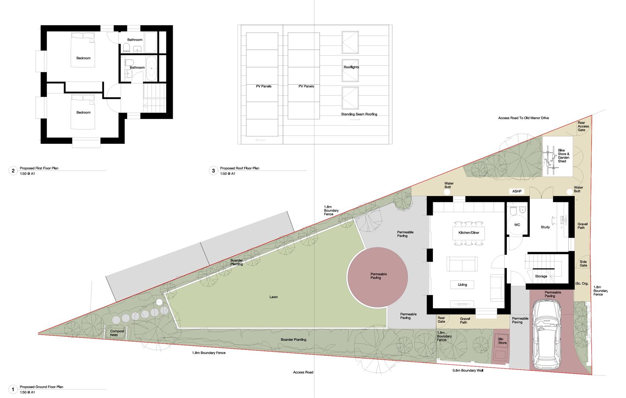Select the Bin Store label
[502, 341]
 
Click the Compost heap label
[117, 333]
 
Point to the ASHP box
[517, 191]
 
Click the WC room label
[517, 225]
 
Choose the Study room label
[545, 227]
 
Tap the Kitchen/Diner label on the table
[469, 233]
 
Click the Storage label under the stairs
[541, 276]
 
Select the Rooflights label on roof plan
[351, 67]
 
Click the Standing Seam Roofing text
[359, 114]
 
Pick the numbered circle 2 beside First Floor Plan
[13, 171]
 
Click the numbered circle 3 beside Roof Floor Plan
[213, 171]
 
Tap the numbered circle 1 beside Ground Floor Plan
[13, 389]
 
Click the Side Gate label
[583, 263]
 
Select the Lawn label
[274, 297]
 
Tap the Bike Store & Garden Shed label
[563, 156]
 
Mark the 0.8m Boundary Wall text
[468, 370]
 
